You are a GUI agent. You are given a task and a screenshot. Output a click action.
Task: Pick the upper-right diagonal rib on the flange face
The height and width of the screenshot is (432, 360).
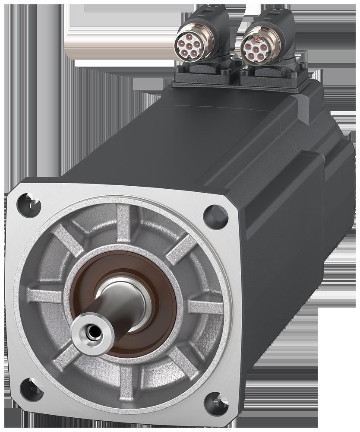point(181,250)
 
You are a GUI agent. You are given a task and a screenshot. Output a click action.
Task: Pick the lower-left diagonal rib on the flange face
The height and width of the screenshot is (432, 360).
point(65,354)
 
